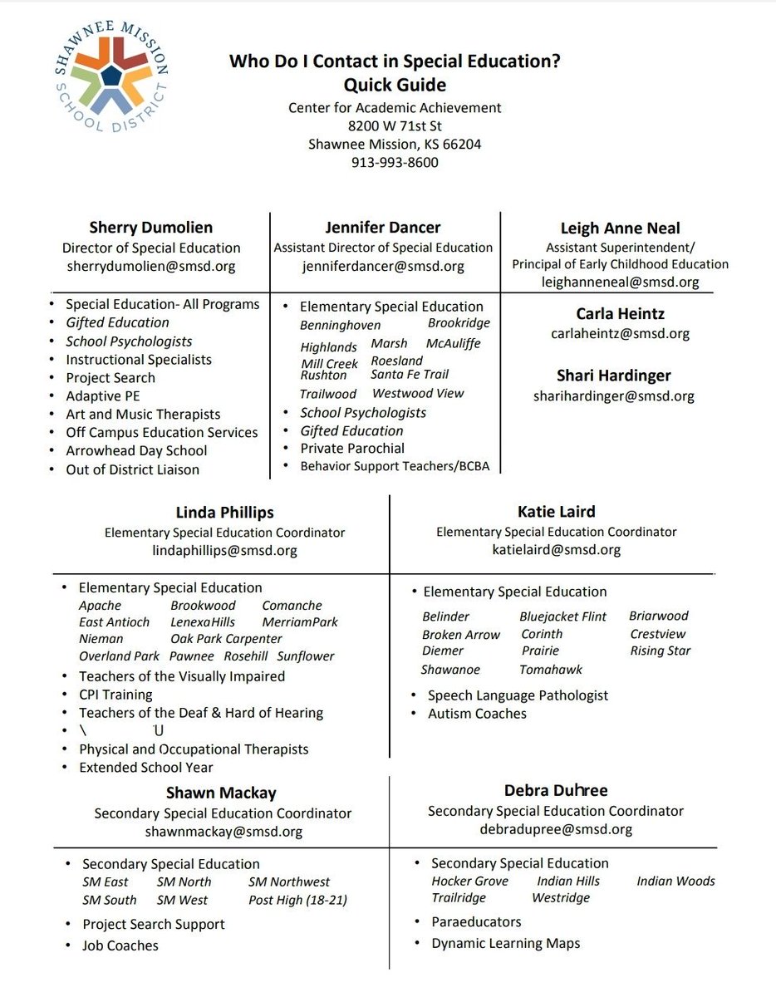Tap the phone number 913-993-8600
click(x=395, y=162)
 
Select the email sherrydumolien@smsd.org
click(x=151, y=266)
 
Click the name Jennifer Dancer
click(x=383, y=227)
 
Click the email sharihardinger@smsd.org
click(x=613, y=395)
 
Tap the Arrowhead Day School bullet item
click(x=136, y=450)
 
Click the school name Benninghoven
click(x=340, y=325)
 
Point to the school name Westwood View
click(x=418, y=393)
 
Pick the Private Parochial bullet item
click(x=352, y=448)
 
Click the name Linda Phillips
click(x=224, y=513)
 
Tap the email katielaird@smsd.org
click(x=556, y=549)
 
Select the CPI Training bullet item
click(x=115, y=694)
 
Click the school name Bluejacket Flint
click(x=562, y=616)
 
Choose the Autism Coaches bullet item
click(x=477, y=713)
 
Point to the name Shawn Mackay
click(x=221, y=793)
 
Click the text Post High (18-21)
click(x=297, y=900)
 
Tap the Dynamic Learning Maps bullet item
click(x=505, y=943)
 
